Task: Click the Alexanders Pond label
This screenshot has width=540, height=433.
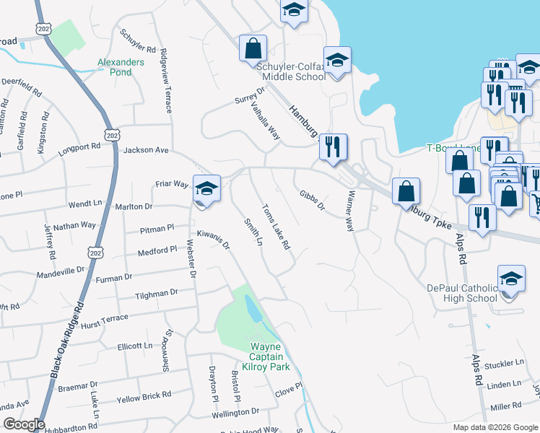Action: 121,67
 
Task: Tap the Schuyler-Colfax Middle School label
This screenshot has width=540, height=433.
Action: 291,71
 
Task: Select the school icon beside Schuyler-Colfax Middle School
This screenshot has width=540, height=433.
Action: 337,61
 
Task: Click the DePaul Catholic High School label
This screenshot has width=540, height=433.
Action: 462,293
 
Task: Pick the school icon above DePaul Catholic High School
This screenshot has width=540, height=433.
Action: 510,279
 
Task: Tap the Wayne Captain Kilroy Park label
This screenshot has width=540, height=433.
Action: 269,357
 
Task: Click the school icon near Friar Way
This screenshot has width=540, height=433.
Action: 206,191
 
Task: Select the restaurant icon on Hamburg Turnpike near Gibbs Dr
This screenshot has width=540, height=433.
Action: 333,147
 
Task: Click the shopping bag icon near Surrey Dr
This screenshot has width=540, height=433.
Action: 253,48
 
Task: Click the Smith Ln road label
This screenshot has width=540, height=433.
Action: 253,232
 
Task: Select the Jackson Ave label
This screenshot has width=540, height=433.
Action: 146,150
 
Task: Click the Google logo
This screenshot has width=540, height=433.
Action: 23,424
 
